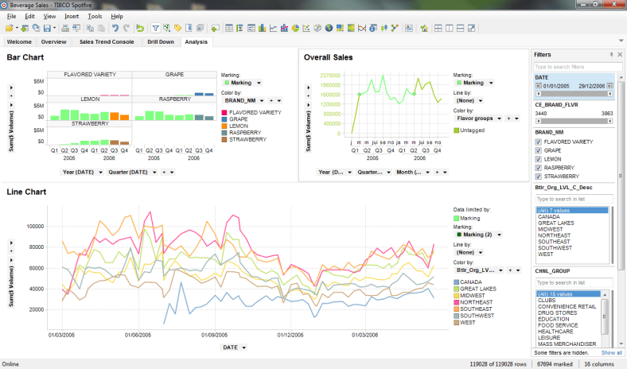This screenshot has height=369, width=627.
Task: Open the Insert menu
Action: tap(72, 16)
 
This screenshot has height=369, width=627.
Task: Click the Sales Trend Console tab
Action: tap(107, 41)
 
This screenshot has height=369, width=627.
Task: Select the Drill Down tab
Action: tap(160, 41)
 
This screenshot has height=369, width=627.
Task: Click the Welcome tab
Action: tap(19, 41)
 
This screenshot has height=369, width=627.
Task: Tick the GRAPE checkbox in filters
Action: tap(539, 150)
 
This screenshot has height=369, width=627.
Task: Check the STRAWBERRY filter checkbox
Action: tap(539, 177)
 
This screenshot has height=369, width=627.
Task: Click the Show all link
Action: tap(612, 352)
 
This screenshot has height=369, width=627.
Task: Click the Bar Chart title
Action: tap(25, 57)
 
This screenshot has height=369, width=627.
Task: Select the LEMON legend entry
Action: tap(240, 126)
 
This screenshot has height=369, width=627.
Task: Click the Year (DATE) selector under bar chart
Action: tap(82, 172)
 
